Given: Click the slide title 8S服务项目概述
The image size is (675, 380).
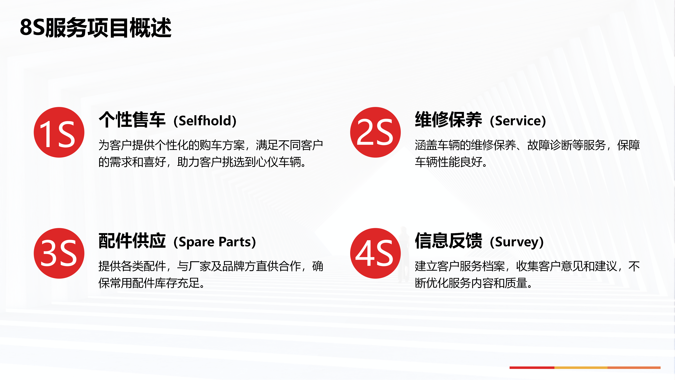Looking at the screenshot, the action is (x=96, y=28).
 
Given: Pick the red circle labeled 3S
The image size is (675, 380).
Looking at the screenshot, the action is (x=59, y=253).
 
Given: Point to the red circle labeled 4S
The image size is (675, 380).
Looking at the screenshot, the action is (x=375, y=253).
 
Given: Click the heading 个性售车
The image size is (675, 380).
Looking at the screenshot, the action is (x=132, y=120).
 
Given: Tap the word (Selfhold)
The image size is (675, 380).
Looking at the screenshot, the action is (x=205, y=121).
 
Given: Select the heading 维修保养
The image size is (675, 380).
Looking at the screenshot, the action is (x=448, y=120).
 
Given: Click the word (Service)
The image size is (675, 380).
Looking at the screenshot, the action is (x=518, y=121).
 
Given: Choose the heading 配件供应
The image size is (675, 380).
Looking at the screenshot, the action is (x=132, y=241).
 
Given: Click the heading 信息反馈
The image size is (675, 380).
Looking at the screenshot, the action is (x=448, y=241).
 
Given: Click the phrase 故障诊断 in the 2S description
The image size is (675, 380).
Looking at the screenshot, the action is (x=550, y=145).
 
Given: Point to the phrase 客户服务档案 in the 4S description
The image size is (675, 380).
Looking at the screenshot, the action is (x=471, y=266).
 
